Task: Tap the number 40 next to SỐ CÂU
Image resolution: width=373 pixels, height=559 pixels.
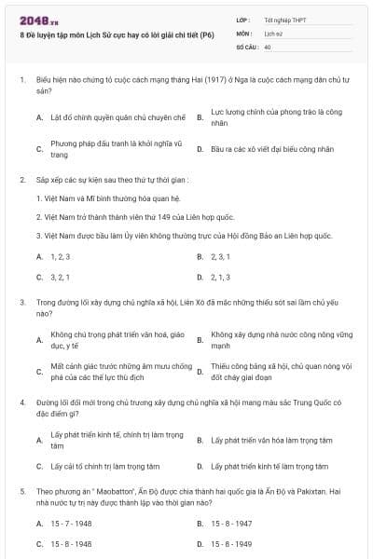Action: click(268, 46)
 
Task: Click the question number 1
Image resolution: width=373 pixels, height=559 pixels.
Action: click(21, 81)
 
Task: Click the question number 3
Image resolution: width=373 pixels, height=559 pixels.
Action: click(21, 303)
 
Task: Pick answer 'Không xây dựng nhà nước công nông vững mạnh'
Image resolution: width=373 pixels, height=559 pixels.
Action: click(280, 339)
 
